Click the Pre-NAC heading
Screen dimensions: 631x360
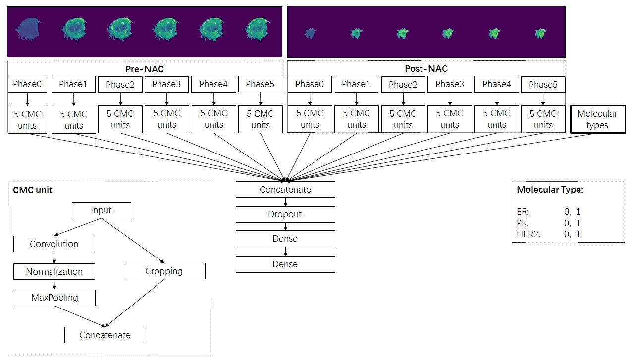tap(145, 69)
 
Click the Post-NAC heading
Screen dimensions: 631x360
tap(426, 69)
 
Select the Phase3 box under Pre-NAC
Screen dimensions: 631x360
tap(166, 84)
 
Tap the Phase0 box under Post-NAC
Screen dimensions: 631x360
tap(310, 84)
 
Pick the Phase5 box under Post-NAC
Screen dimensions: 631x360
tap(543, 85)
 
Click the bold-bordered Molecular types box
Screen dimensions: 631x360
tap(598, 119)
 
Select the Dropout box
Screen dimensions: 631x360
tap(285, 214)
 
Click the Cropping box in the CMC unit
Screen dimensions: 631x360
tap(164, 271)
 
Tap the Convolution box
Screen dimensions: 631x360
tap(54, 244)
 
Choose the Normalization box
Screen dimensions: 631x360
tap(54, 271)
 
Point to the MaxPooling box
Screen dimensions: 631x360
tap(54, 298)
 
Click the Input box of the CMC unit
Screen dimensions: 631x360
tap(102, 210)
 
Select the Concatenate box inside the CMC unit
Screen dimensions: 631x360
tap(105, 335)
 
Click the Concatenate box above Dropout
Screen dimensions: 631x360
tap(285, 189)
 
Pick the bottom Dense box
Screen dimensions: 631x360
tap(285, 264)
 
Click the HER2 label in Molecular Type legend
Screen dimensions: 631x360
tap(528, 234)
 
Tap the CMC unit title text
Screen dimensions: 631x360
tap(33, 190)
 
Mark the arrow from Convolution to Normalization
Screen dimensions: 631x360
tap(54, 258)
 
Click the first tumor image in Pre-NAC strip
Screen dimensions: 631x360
tap(28, 29)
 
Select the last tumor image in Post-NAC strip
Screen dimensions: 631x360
tap(540, 33)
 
